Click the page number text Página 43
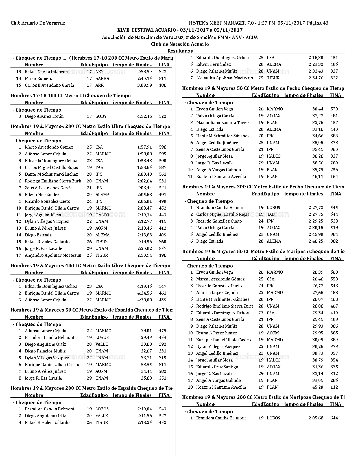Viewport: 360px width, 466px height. [x=317, y=23]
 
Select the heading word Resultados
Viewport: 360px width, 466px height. [x=180, y=51]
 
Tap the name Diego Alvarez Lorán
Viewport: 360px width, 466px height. [x=44, y=116]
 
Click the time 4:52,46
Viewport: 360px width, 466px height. [x=145, y=116]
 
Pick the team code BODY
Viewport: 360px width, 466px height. [x=101, y=116]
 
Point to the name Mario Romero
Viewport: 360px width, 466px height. [x=38, y=79]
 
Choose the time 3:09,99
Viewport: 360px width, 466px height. [x=145, y=85]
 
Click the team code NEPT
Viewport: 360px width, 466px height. [x=101, y=72]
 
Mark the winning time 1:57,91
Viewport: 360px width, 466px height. [x=145, y=147]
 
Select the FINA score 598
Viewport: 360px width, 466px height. [x=163, y=147]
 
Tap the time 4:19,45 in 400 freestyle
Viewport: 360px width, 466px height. [x=145, y=286]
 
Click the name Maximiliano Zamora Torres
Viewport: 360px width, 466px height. [x=223, y=123]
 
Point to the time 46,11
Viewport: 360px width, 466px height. [x=318, y=177]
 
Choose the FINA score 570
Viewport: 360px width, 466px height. [x=334, y=109]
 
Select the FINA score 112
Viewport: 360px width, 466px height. [x=334, y=387]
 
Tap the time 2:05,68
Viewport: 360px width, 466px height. [x=316, y=418]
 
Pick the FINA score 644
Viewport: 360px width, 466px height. [x=334, y=418]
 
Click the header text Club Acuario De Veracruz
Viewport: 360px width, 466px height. [x=38, y=23]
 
